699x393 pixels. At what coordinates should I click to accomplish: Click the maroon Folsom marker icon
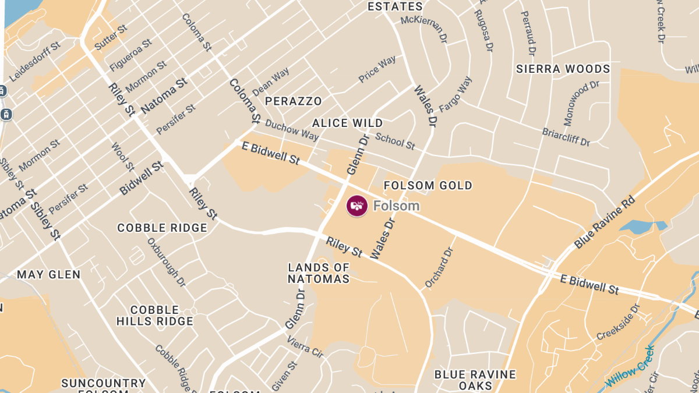click(x=357, y=206)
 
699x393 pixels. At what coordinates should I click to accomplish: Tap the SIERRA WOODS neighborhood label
click(x=563, y=69)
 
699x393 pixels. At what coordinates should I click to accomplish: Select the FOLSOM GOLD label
click(x=428, y=186)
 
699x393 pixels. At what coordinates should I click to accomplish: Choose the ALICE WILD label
click(x=348, y=123)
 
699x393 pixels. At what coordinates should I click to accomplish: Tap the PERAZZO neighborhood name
click(x=294, y=101)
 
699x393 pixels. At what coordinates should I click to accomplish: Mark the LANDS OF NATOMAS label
click(x=319, y=273)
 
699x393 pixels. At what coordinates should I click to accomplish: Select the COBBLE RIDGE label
click(x=163, y=228)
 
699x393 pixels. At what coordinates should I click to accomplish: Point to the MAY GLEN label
click(x=49, y=274)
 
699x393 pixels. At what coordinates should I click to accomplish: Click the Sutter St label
click(x=111, y=36)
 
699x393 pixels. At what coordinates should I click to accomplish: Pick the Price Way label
click(x=377, y=69)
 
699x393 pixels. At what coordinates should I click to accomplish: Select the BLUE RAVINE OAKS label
click(x=475, y=380)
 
